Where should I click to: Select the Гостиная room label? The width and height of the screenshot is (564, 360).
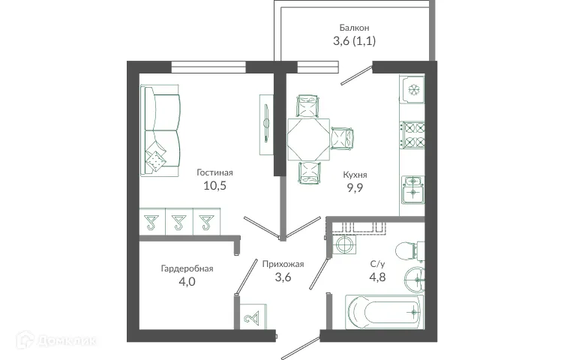coord(215,172)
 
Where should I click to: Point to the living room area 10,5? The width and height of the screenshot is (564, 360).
coord(215,187)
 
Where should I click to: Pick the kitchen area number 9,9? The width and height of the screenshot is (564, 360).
coord(355,189)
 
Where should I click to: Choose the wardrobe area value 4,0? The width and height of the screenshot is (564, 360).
coord(187,282)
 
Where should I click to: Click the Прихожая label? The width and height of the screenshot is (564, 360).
coord(283,263)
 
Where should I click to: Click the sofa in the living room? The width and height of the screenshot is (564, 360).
coord(160,132)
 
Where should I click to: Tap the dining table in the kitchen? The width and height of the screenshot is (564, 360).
coord(308,137)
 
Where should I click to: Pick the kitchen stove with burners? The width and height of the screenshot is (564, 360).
coord(413,136)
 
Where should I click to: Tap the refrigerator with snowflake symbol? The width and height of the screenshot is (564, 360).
coord(413,90)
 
